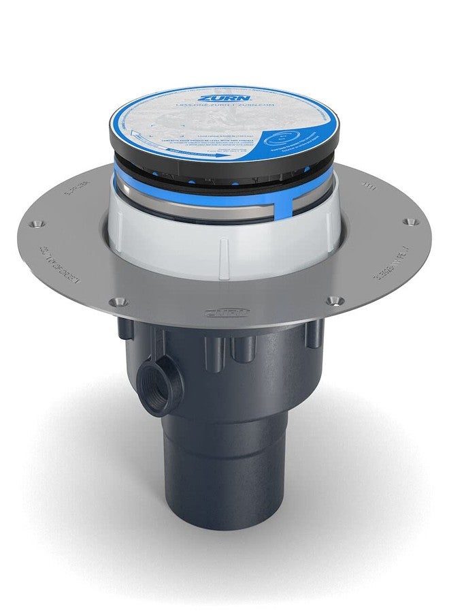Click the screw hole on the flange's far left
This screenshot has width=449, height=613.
37,222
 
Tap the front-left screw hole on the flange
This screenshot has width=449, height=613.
120,300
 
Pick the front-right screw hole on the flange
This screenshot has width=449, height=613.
333,300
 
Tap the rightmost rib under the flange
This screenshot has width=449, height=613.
314,334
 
